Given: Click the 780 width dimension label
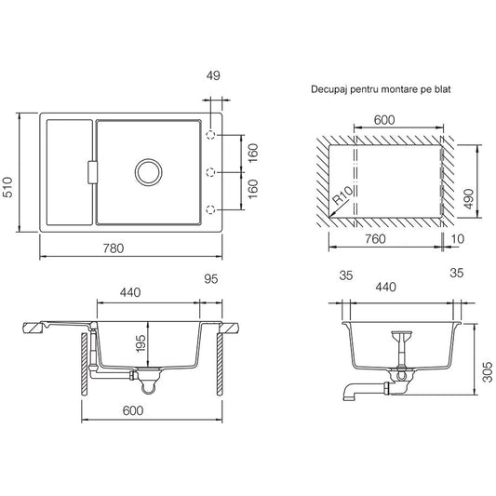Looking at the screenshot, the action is coord(114,248).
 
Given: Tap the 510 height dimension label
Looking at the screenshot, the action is coord(7,187).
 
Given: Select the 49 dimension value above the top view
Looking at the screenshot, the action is coord(213,75).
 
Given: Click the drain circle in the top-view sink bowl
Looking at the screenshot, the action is coord(148,172).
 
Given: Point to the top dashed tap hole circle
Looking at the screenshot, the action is coord(210,135).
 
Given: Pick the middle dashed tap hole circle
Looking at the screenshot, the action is coord(210,172).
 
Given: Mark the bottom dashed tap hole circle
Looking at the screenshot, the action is coord(210,209).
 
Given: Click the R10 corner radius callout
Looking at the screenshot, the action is coord(342,195).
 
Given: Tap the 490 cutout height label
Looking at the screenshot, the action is coord(469,198).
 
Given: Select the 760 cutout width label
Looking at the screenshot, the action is coord(375,239).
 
